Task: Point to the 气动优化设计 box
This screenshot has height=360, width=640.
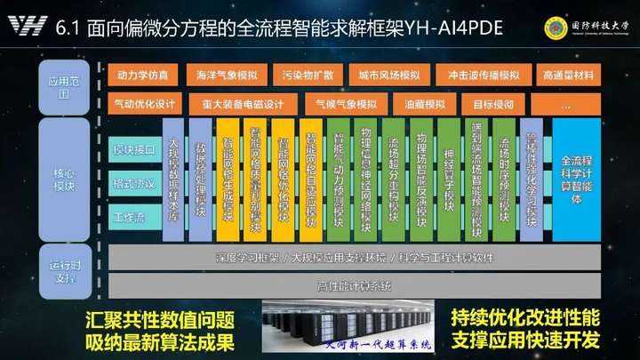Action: (x=145, y=104)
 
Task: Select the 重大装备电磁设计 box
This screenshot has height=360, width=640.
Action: (x=242, y=104)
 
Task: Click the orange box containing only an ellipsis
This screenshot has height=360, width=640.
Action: (x=565, y=104)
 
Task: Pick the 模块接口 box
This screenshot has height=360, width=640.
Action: (x=133, y=152)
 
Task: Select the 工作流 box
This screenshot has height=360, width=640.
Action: (x=133, y=216)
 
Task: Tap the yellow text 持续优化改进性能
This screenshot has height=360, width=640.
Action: (x=524, y=317)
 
